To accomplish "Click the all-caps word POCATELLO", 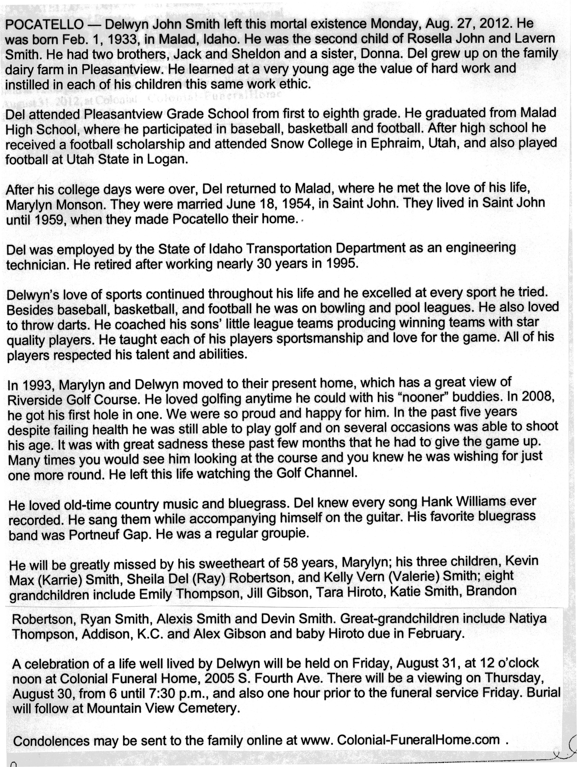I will point(44,25).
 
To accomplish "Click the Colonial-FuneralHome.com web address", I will point(418,740).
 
